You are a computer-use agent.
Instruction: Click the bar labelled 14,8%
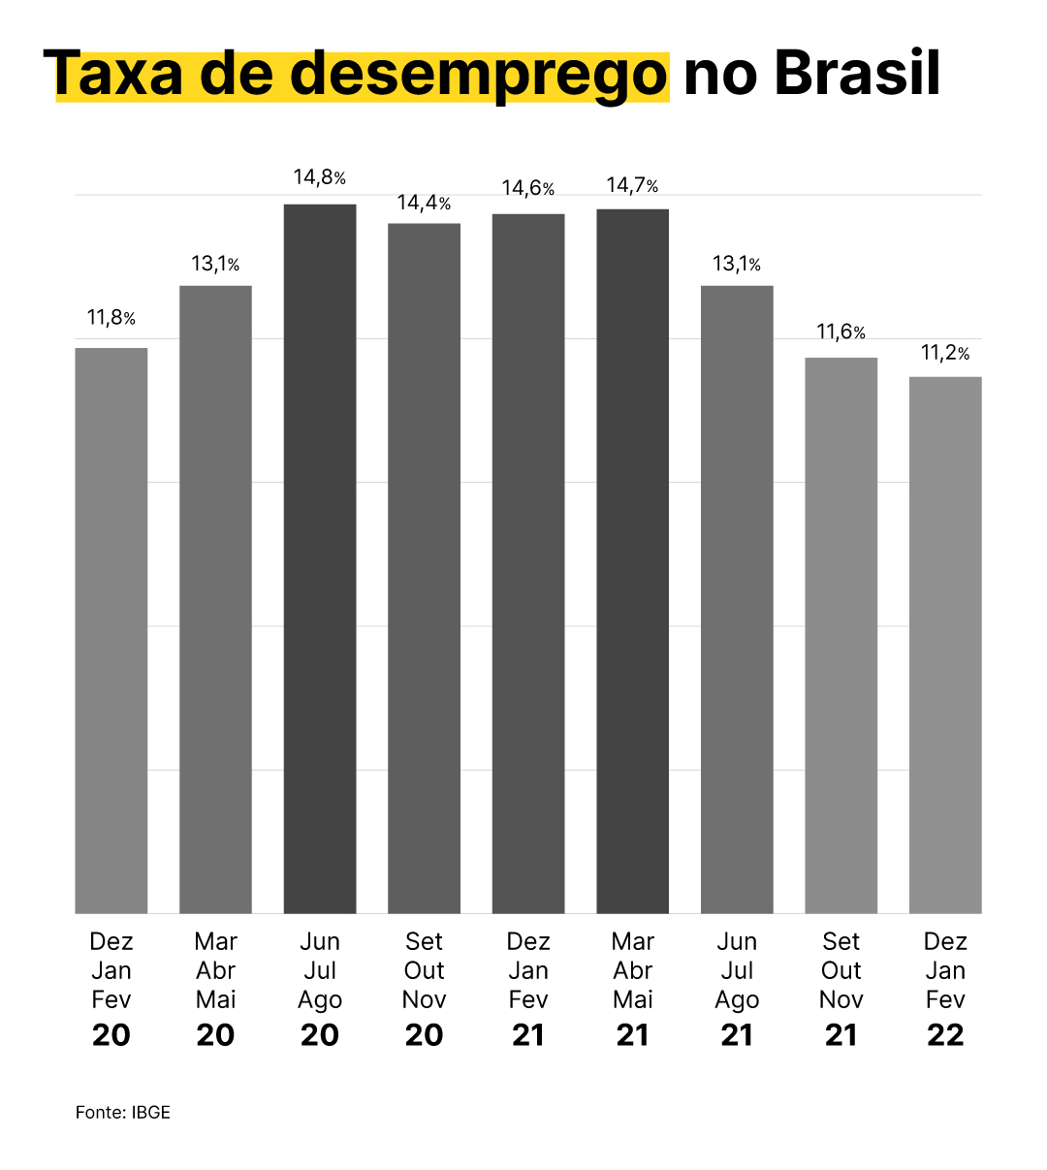pyautogui.click(x=320, y=558)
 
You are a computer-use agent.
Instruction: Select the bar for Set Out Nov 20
pyautogui.click(x=424, y=568)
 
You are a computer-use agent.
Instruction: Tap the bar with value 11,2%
pyautogui.click(x=945, y=645)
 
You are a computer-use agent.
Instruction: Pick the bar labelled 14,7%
pyautogui.click(x=632, y=560)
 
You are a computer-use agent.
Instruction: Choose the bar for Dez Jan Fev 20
pyautogui.click(x=111, y=630)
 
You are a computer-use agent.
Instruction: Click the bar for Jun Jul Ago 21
pyautogui.click(x=737, y=599)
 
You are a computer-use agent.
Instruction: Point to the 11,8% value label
pyautogui.click(x=111, y=318)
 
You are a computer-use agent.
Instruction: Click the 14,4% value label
pyautogui.click(x=424, y=204)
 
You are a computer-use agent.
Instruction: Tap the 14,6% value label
pyautogui.click(x=528, y=188)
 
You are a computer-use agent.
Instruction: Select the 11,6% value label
pyautogui.click(x=841, y=332)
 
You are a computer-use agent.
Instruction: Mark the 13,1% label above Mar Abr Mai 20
pyautogui.click(x=215, y=264)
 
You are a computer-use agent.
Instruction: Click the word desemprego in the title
pyautogui.click(x=479, y=74)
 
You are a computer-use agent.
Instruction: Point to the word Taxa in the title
pyautogui.click(x=113, y=74)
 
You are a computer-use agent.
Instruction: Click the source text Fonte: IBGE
pyautogui.click(x=123, y=1112)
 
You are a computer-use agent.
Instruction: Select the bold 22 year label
pyautogui.click(x=945, y=1035)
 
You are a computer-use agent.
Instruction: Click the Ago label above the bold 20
pyautogui.click(x=320, y=1000)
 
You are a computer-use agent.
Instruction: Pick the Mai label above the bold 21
pyautogui.click(x=632, y=999)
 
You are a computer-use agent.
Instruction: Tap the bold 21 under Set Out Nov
pyautogui.click(x=841, y=1035)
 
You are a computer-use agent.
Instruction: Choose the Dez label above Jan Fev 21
pyautogui.click(x=528, y=941)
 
